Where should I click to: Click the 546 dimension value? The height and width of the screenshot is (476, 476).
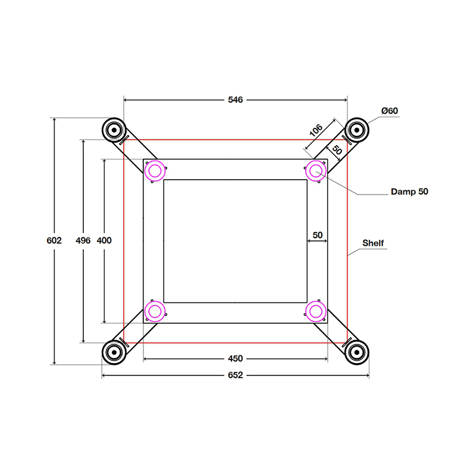click(235, 100)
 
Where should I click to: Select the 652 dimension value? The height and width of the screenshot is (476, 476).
click(235, 375)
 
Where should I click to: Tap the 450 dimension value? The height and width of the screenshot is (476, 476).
click(235, 359)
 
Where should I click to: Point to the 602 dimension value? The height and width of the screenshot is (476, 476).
click(54, 241)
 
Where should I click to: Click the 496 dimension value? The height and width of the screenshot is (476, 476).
click(83, 241)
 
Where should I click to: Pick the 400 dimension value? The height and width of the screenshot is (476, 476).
click(104, 241)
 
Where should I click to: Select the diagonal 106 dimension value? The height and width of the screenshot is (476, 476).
click(315, 130)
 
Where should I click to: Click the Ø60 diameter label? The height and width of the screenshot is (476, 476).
click(390, 111)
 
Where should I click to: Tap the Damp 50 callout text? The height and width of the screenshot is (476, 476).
click(409, 192)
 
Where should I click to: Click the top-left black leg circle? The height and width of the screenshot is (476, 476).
click(113, 129)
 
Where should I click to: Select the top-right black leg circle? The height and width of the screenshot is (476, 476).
click(356, 129)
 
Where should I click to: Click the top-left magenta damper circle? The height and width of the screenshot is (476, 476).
click(155, 171)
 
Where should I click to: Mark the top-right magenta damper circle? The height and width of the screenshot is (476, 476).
click(315, 171)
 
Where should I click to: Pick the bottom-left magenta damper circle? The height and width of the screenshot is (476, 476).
click(155, 311)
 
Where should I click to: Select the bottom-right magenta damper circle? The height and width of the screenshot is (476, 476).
click(315, 311)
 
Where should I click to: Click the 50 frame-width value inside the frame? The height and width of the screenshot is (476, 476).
click(317, 235)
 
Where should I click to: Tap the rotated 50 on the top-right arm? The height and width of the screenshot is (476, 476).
click(336, 151)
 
